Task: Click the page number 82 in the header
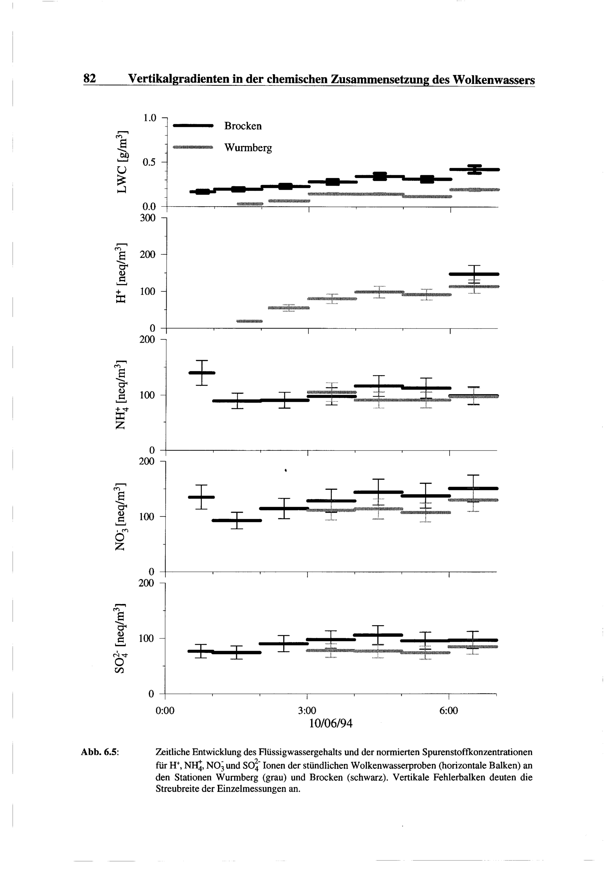coord(90,78)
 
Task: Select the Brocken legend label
coord(243,126)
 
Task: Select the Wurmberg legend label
coord(248,148)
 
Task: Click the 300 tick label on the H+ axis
coord(147,218)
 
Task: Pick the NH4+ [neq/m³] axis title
coord(121,394)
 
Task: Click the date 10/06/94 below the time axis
coord(331,724)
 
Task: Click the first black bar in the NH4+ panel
coord(202,373)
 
